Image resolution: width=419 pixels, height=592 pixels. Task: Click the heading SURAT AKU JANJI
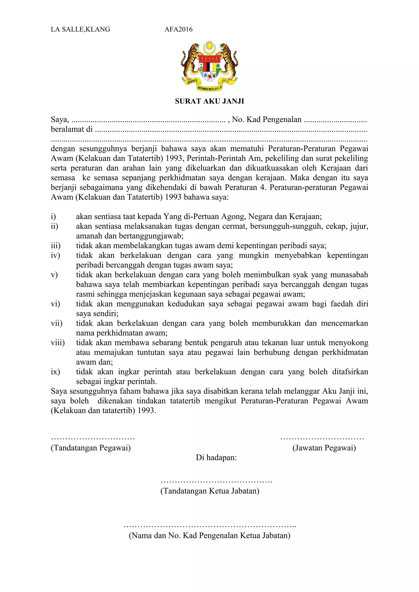click(x=209, y=101)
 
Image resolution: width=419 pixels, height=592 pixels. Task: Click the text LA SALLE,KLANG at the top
click(x=80, y=29)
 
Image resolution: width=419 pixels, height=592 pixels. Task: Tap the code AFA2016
click(x=178, y=29)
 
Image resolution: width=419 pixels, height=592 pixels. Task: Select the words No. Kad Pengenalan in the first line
click(x=267, y=119)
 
